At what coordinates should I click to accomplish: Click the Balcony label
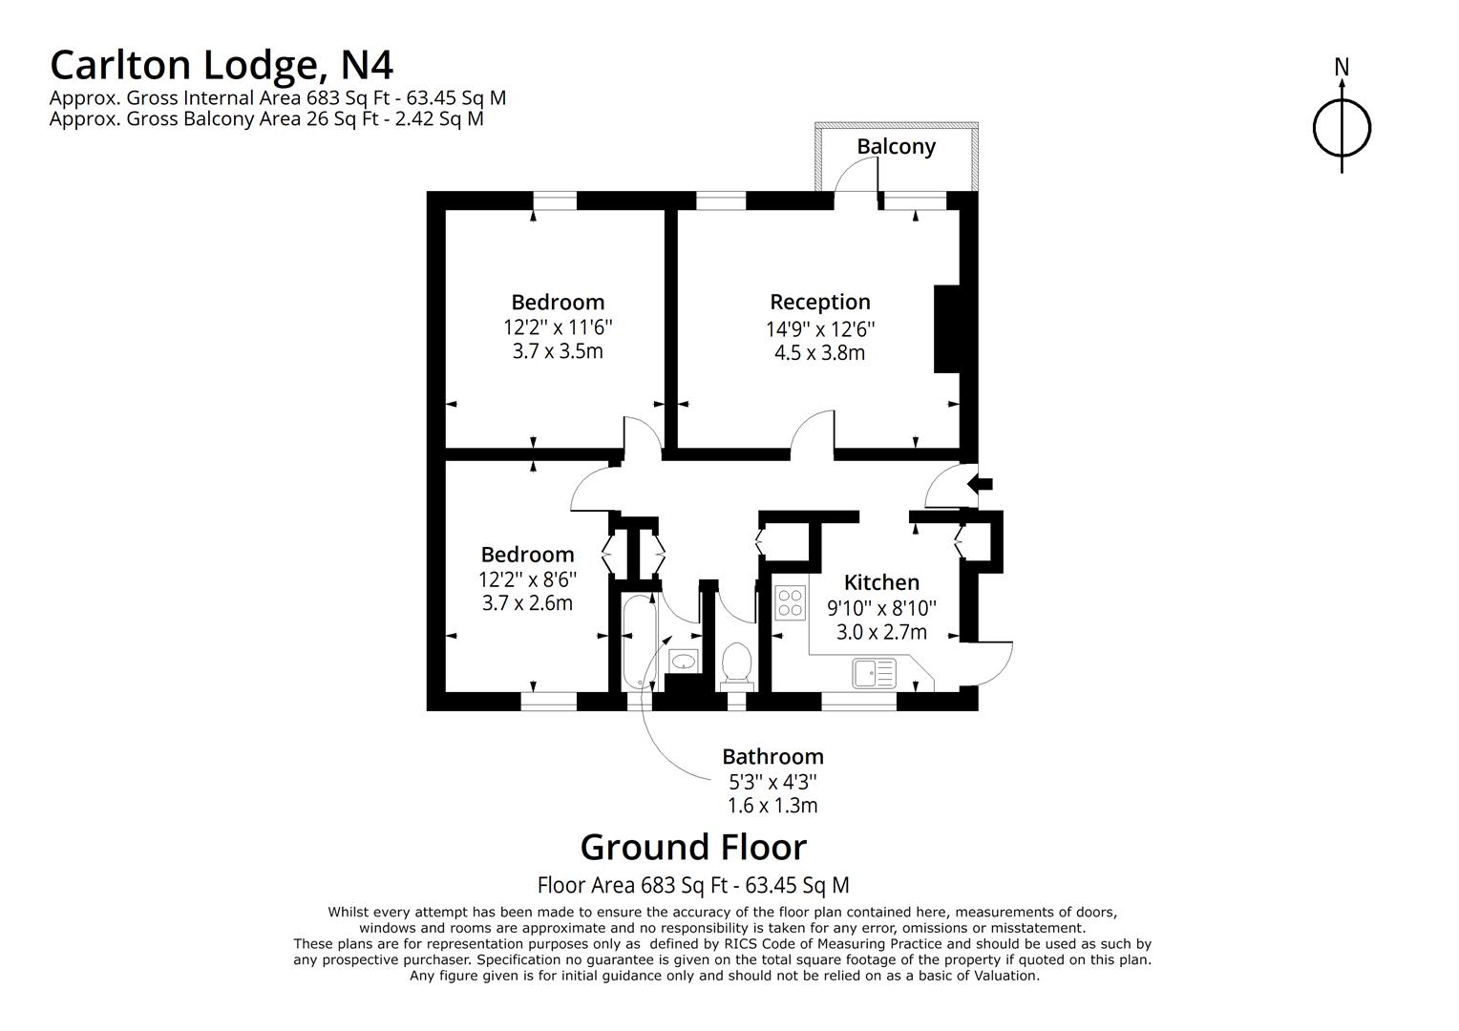896,147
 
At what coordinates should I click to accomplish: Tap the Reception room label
820,302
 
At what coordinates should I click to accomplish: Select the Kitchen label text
881,581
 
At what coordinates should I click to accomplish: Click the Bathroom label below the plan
772,756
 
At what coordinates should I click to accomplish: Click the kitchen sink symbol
874,673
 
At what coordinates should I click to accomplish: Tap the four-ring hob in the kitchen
790,602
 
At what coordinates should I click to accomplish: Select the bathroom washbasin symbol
684,661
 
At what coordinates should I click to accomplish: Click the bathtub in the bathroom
636,642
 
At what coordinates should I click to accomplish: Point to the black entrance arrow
980,484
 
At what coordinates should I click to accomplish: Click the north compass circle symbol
1342,128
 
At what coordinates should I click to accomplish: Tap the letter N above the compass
1342,67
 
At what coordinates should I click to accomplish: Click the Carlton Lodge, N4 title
222,65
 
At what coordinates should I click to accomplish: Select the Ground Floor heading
693,847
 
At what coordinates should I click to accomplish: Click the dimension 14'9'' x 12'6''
820,329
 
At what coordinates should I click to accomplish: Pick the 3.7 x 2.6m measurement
527,603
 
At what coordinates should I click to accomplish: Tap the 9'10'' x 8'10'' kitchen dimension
881,608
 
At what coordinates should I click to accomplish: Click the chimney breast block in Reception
948,329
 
